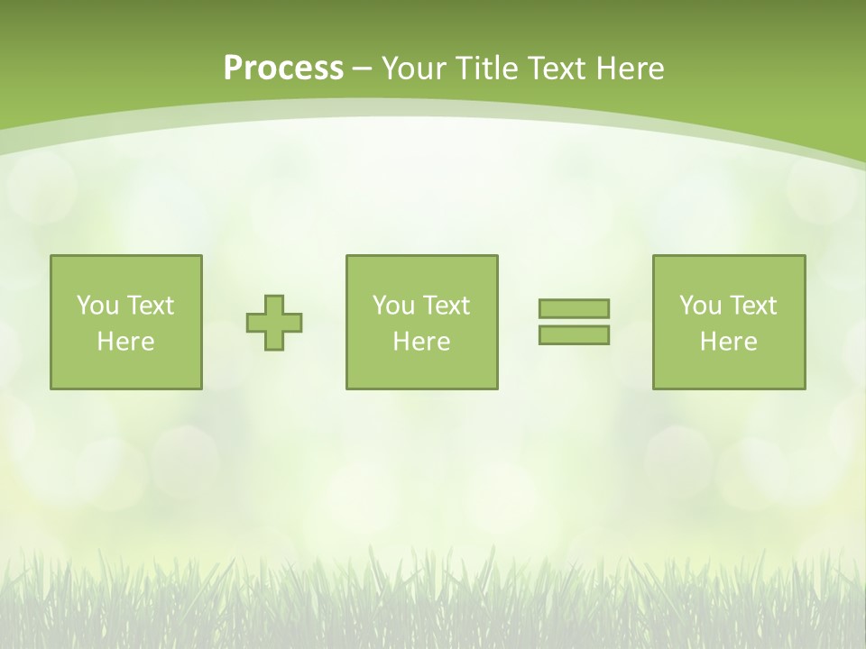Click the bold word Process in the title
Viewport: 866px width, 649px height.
tap(283, 69)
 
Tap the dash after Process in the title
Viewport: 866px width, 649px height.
tap(363, 69)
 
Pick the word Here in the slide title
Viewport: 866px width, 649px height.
tap(631, 69)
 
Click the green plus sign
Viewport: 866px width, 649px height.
tap(274, 323)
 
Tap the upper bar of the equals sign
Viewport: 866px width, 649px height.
tap(574, 308)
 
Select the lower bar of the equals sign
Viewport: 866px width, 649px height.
tap(574, 335)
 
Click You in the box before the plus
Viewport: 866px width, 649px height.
tap(97, 306)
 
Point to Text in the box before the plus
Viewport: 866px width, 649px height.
tap(150, 306)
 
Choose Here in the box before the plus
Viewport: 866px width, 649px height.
tap(125, 342)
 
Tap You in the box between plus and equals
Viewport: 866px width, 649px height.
tap(393, 306)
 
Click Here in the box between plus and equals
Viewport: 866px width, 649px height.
tap(421, 342)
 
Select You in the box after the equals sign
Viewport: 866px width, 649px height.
tap(700, 306)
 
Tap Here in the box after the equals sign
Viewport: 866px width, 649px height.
tap(728, 342)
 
